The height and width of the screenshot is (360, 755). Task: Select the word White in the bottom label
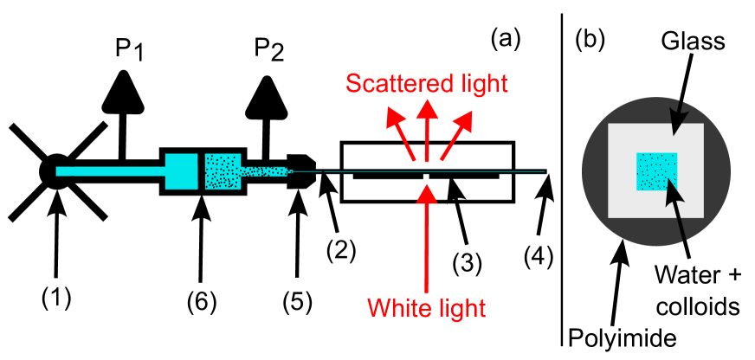point(397,307)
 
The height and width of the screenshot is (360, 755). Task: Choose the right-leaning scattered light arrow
point(455,134)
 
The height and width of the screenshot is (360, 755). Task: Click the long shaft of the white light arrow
point(426,251)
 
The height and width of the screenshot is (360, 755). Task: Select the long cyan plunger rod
point(110,171)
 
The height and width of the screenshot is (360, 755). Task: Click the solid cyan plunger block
point(182,170)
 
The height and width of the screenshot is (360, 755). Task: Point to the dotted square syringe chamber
point(223,170)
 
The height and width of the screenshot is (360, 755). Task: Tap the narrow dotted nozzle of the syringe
point(264,170)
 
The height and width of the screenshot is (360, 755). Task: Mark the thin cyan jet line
point(433,171)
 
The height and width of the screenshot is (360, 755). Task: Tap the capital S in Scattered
point(353,84)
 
